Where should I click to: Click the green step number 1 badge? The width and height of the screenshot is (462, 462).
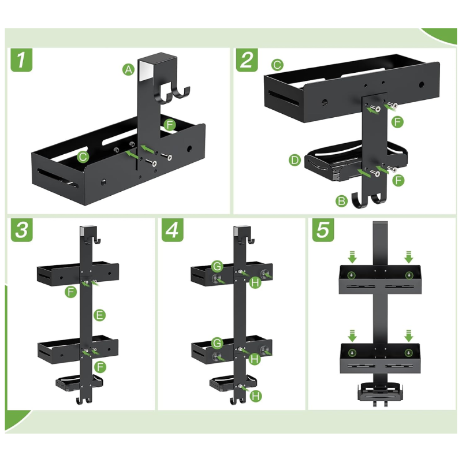21,60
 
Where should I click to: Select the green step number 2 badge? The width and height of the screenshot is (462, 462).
247,60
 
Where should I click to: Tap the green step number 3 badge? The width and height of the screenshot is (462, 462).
22,230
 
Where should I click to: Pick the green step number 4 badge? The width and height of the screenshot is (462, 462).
172,230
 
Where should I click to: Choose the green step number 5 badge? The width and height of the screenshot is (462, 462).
323,230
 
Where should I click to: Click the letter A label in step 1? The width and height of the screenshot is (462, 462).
128,70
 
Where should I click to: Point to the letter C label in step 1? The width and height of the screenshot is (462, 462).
83,157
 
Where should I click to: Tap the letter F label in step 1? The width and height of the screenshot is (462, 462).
169,125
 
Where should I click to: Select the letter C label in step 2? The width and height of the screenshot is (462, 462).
277,65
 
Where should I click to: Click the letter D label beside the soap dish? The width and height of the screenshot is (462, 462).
295,161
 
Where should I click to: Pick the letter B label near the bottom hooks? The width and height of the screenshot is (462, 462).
342,201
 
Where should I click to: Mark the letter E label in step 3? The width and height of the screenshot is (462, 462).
99,315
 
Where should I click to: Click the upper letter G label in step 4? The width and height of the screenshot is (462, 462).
218,266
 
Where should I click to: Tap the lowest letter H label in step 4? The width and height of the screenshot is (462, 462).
256,396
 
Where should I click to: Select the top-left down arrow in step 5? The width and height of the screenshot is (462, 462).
352,257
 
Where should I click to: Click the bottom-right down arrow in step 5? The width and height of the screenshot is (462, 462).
408,336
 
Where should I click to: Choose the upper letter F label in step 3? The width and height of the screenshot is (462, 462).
70,292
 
